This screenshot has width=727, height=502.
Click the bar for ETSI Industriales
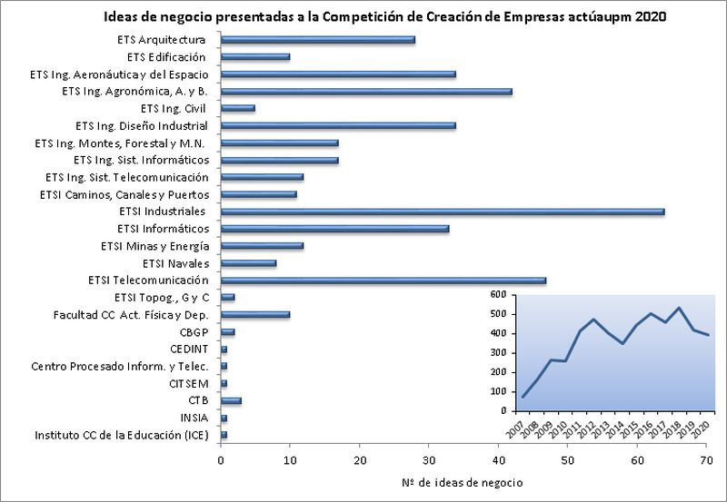[x=443, y=212]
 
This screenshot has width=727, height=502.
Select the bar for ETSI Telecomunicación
[x=383, y=281]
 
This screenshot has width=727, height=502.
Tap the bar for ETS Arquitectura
[x=318, y=40]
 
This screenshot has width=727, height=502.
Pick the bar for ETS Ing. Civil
[x=238, y=108]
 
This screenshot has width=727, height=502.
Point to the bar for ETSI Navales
[x=248, y=263]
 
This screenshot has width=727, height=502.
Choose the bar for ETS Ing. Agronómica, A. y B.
[x=366, y=91]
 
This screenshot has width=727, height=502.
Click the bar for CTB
[x=231, y=400]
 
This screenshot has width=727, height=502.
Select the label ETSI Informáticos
[x=164, y=229]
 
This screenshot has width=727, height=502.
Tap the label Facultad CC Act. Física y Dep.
[x=131, y=315]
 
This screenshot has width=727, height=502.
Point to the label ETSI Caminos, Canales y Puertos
[x=124, y=194]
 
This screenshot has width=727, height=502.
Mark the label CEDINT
[x=186, y=349]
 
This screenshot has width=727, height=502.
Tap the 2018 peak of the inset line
[x=679, y=308]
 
